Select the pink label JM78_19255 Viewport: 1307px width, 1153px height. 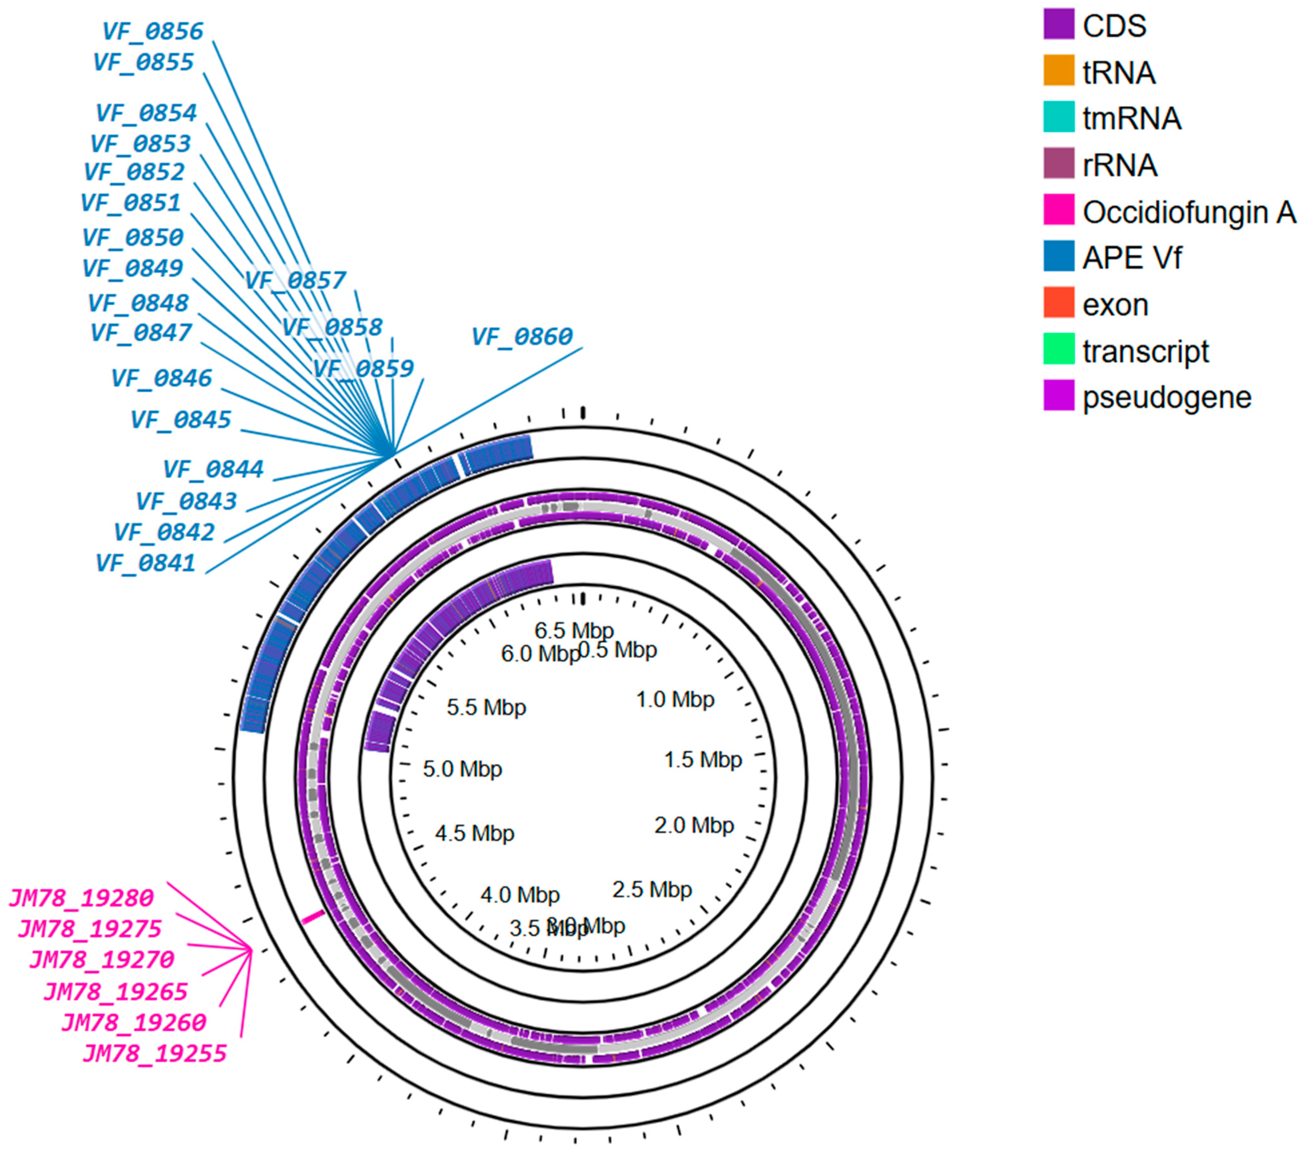[x=154, y=1053]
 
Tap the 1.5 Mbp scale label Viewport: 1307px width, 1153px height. [x=703, y=760]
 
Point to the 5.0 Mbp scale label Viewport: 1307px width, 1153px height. [x=462, y=769]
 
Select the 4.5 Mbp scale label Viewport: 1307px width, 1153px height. [x=475, y=833]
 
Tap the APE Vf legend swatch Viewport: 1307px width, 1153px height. [x=1058, y=257]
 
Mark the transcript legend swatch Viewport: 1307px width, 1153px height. [x=1058, y=350]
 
